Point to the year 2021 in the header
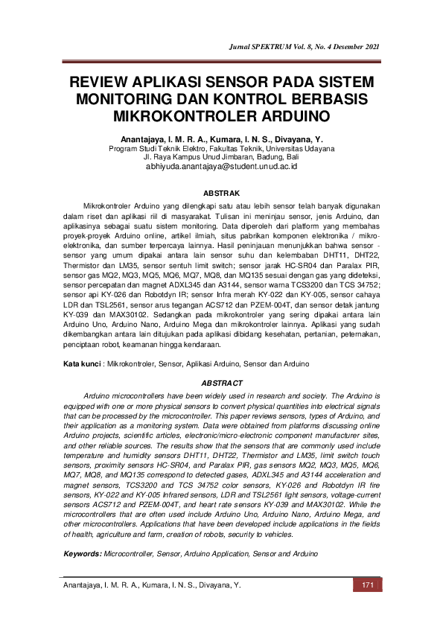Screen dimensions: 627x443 point(369,47)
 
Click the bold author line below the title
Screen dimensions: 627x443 point(221,139)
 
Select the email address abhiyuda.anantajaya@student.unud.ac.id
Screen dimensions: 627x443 point(221,168)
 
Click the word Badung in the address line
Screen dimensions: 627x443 point(263,158)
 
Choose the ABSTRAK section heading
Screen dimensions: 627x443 point(221,192)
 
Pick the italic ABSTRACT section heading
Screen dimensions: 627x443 point(221,382)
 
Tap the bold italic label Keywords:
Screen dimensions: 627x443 point(83,554)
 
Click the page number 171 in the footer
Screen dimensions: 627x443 point(366,586)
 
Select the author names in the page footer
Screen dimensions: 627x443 point(152,586)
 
